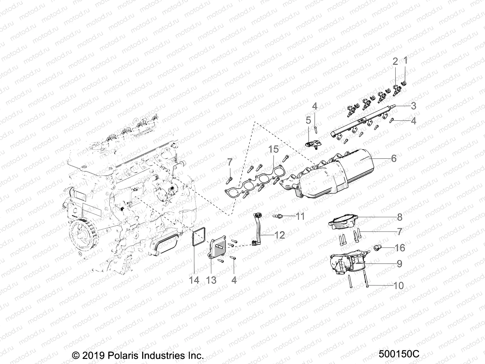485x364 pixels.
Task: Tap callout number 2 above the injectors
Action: point(395,62)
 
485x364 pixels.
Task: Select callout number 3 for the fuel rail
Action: point(413,106)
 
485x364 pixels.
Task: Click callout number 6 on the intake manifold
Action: point(393,158)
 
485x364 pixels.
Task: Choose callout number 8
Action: point(400,217)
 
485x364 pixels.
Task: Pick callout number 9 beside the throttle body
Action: point(400,264)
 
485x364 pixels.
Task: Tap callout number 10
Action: point(399,285)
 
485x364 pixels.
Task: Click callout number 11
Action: point(300,216)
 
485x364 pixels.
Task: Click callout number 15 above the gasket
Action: point(273,150)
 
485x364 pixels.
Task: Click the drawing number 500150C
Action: point(399,354)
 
